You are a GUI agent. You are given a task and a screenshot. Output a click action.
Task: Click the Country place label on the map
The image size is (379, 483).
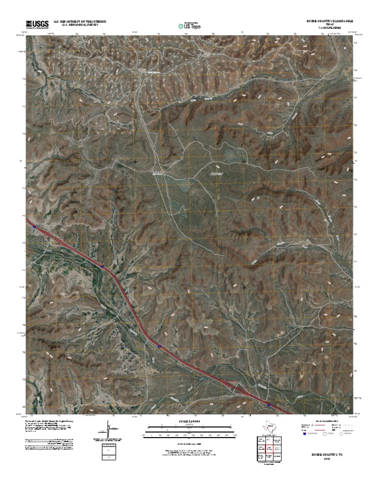tap(217, 174)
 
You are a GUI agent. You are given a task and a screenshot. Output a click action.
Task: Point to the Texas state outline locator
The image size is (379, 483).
tap(270, 425)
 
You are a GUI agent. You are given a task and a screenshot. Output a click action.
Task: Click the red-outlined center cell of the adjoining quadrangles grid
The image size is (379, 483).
tap(270, 448)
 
